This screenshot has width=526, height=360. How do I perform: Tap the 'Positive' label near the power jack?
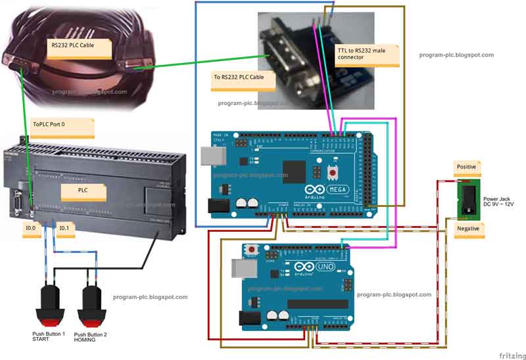click(467, 168)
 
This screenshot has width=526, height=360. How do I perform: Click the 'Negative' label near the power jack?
click(468, 229)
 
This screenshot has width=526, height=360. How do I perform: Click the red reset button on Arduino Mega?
click(333, 173)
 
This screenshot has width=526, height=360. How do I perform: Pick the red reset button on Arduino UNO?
click(252, 250)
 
